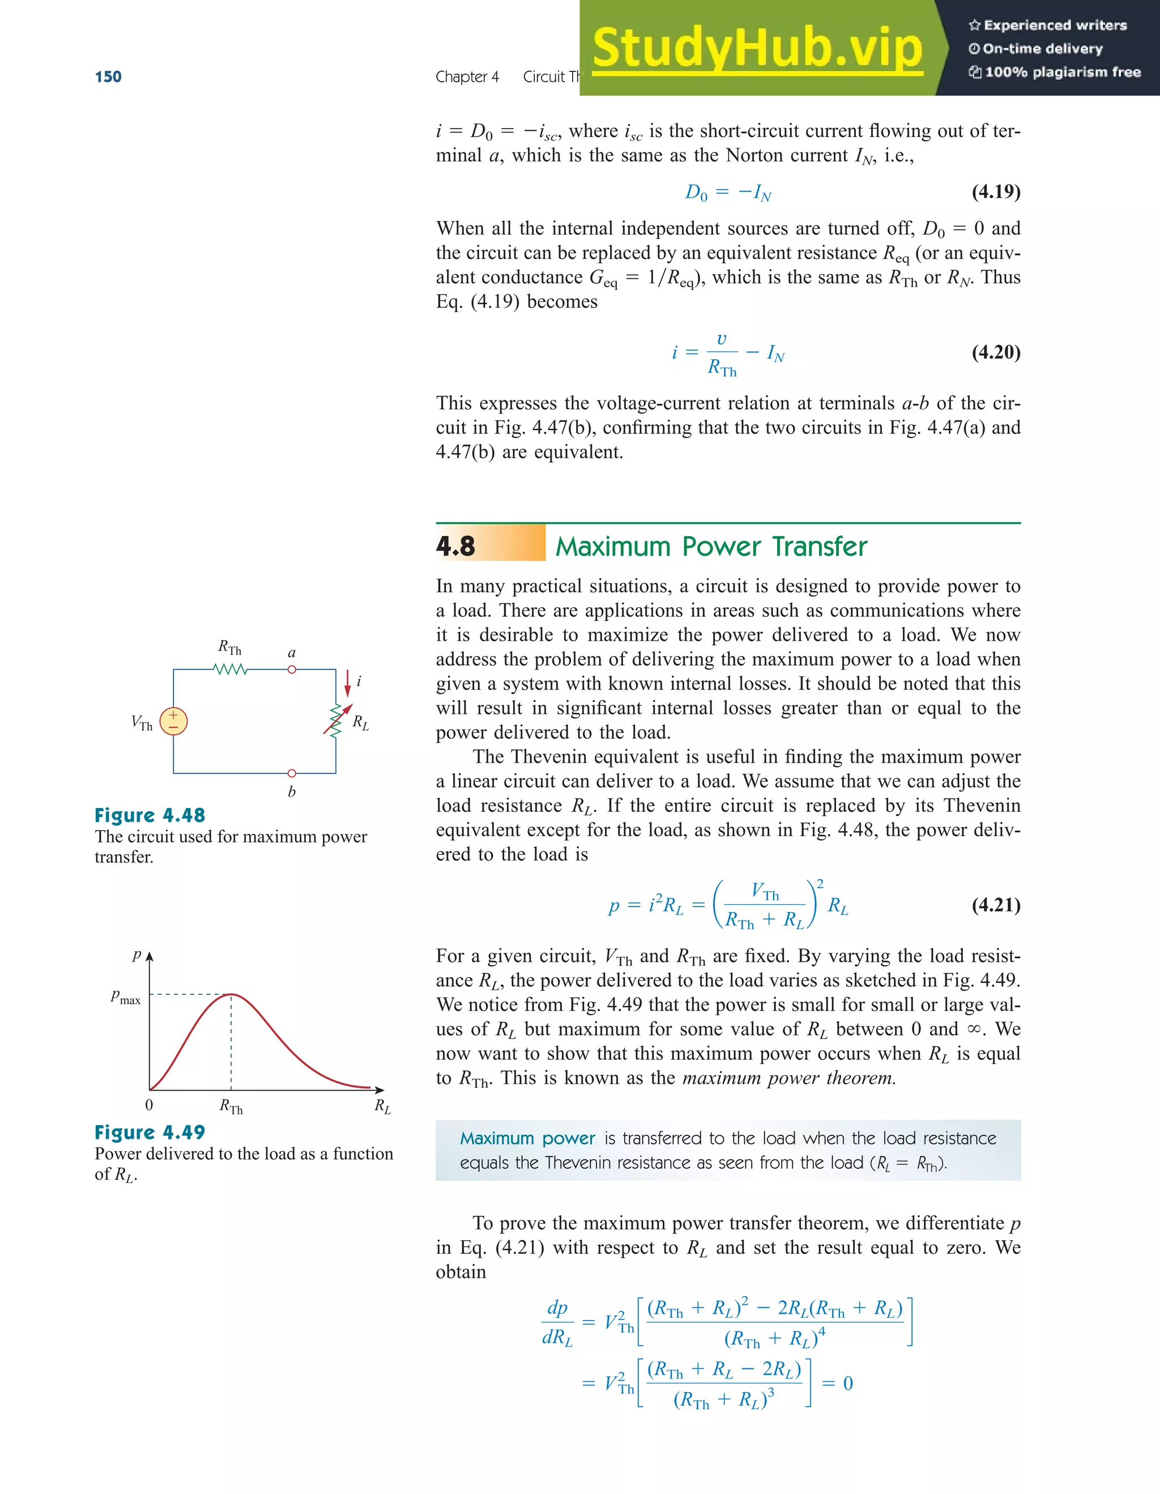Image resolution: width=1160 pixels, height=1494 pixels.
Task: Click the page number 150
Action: (x=108, y=76)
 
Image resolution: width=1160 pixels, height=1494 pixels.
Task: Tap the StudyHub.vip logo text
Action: (x=757, y=48)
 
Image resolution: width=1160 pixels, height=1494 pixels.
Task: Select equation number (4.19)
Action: (x=996, y=191)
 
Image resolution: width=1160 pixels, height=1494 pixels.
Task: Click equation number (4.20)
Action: (x=996, y=352)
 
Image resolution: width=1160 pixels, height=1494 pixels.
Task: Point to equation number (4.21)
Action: (x=996, y=905)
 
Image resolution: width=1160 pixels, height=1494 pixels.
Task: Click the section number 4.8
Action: (x=455, y=546)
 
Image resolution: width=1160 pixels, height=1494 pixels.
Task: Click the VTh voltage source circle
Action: (x=174, y=721)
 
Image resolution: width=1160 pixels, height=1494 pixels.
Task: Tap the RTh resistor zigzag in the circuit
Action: (x=231, y=669)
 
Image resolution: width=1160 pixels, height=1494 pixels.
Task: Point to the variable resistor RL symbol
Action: (x=336, y=721)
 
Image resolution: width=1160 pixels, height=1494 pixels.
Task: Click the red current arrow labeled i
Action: (x=347, y=683)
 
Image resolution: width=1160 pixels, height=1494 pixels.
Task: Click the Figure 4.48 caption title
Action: (x=150, y=815)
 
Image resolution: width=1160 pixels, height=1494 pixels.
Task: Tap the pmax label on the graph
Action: (x=126, y=997)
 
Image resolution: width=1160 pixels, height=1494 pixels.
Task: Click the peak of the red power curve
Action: (x=231, y=994)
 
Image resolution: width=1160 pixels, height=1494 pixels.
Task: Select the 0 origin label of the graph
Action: (x=149, y=1105)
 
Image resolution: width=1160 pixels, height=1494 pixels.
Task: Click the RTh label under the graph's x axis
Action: (x=231, y=1105)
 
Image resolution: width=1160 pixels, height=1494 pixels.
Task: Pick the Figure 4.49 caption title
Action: (x=150, y=1132)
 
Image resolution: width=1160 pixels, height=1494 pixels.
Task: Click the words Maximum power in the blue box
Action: (x=527, y=1138)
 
